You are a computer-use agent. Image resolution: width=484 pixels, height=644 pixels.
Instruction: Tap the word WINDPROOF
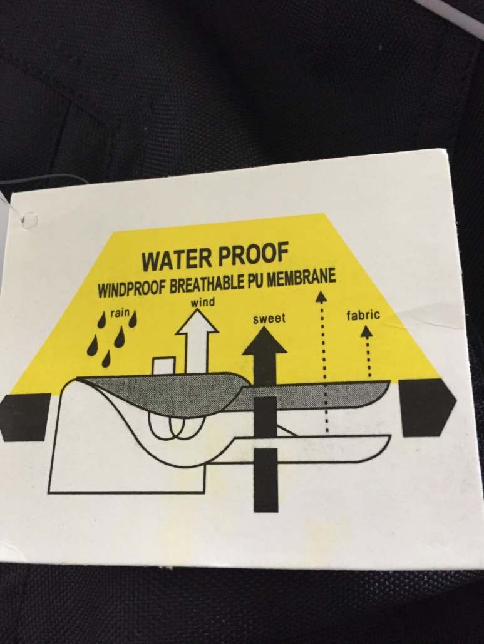[131, 288]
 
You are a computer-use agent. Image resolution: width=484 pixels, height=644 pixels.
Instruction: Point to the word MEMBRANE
[302, 278]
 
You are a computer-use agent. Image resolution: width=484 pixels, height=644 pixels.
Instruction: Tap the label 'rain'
[120, 313]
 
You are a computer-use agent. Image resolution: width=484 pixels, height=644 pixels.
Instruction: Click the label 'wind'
[203, 303]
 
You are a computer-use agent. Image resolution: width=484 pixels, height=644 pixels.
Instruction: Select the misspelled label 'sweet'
[269, 318]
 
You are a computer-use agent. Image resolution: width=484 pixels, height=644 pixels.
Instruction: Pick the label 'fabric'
[363, 315]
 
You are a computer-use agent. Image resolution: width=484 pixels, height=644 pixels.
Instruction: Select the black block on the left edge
[26, 417]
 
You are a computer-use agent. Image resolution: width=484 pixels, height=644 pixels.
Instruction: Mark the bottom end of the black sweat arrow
[265, 511]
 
